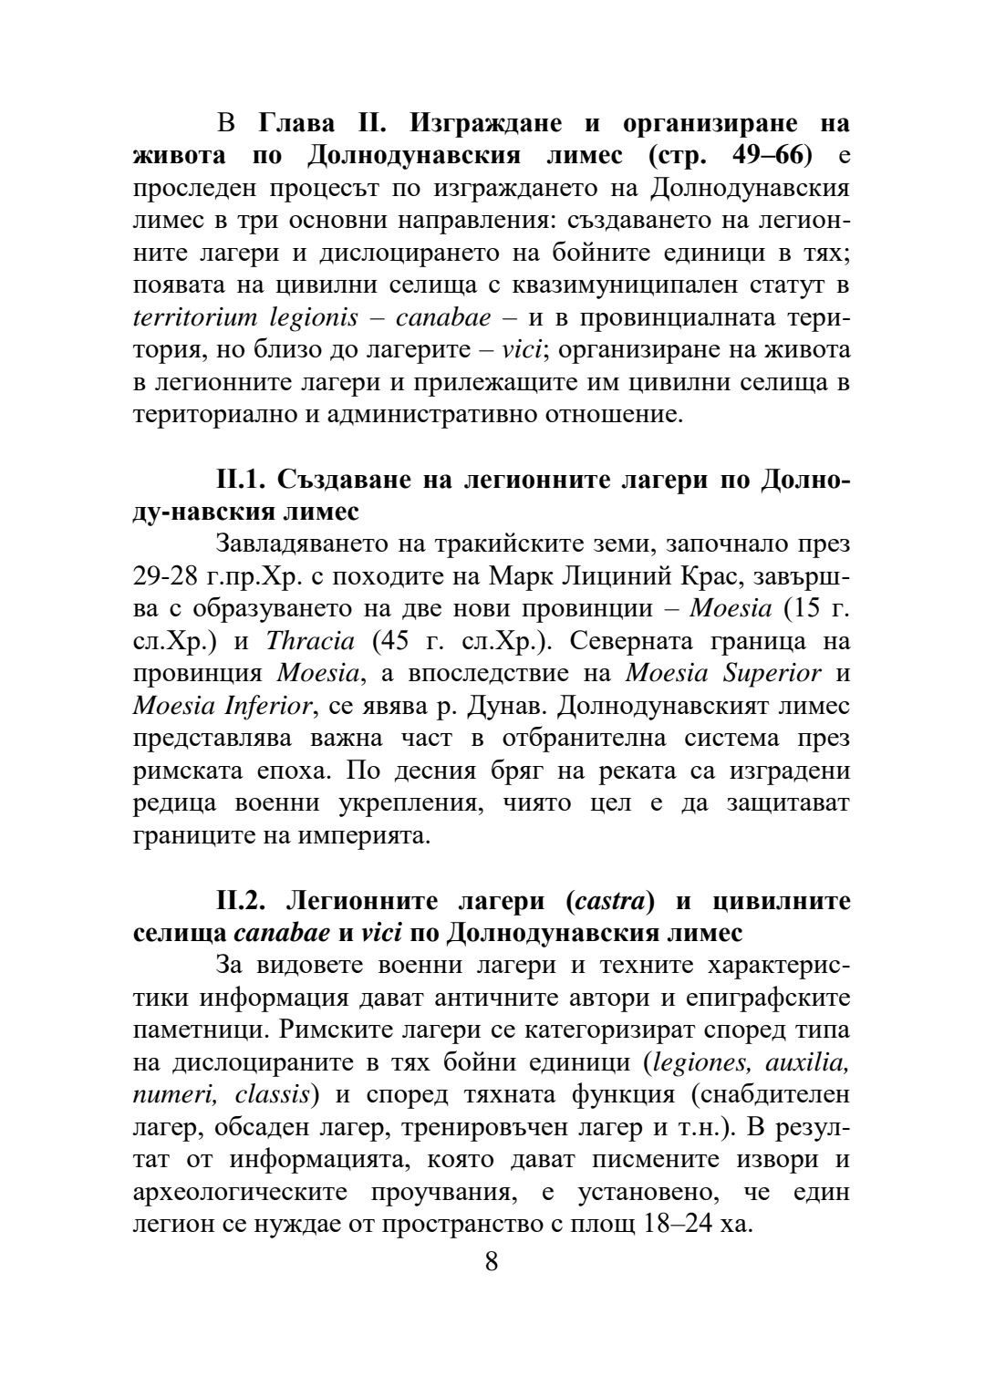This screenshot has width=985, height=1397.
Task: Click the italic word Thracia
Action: click(309, 641)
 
